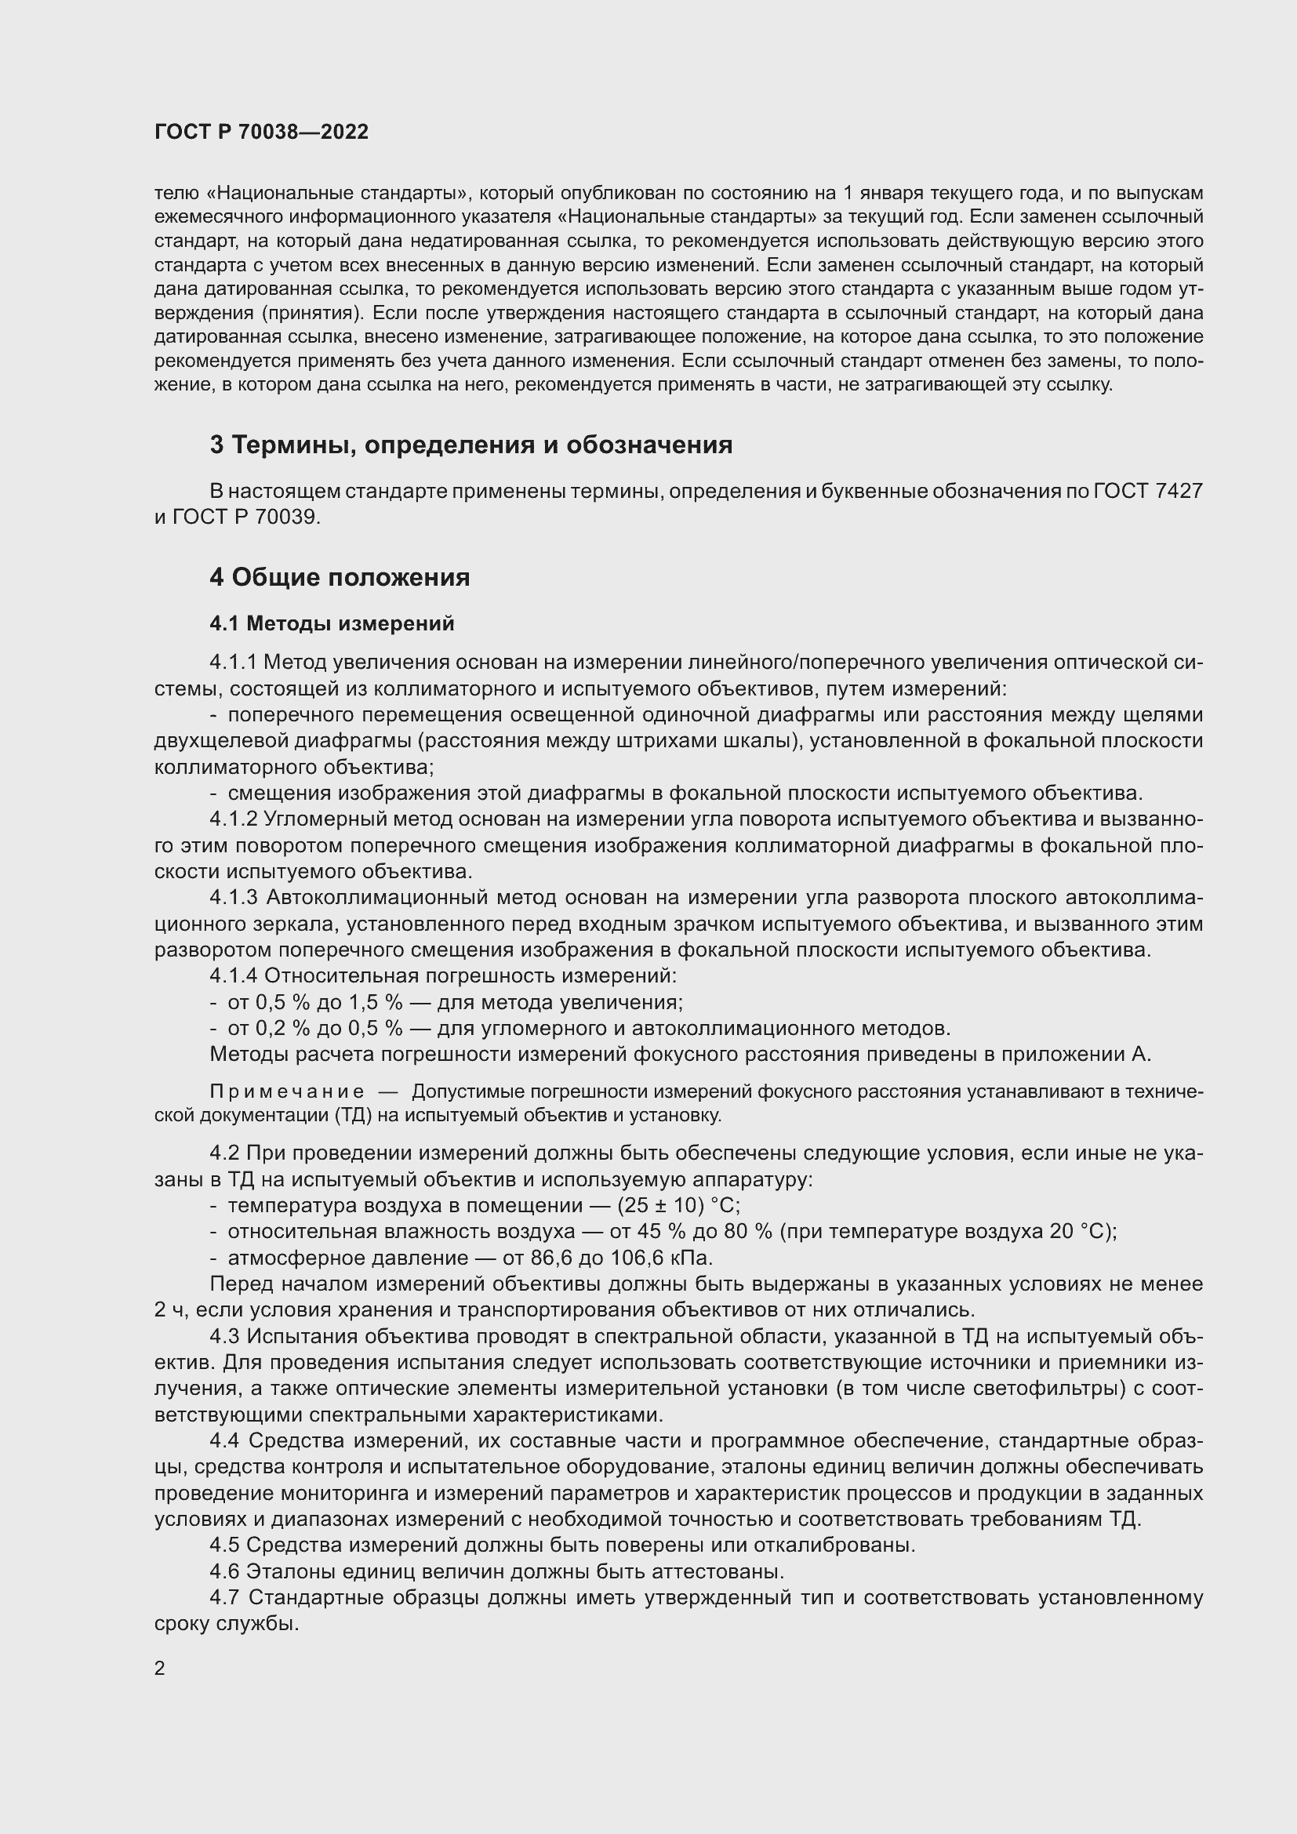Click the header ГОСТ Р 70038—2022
(x=261, y=132)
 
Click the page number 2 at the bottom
(x=160, y=1668)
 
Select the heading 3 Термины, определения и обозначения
(x=470, y=445)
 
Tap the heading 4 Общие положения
(x=340, y=577)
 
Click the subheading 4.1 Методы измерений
(x=332, y=623)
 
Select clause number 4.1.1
(x=233, y=663)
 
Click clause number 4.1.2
(x=233, y=819)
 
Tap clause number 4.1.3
(x=233, y=898)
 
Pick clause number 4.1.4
(x=233, y=976)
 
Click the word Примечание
(x=287, y=1092)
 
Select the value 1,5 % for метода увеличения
(x=376, y=1003)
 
